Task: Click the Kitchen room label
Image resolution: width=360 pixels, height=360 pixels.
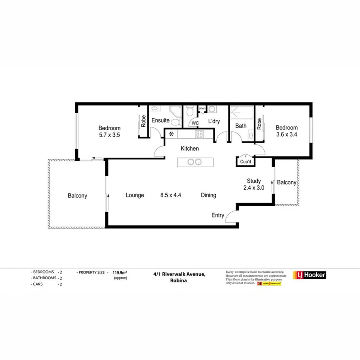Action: point(190,148)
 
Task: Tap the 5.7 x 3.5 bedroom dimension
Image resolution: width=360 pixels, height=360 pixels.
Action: point(109,135)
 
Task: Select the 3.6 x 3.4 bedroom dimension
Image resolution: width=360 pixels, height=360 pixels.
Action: point(286,135)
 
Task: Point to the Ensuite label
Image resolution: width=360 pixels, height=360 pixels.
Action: point(160,121)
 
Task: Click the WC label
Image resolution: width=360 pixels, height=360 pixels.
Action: point(195,123)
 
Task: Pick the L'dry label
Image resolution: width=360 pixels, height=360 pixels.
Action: point(214,121)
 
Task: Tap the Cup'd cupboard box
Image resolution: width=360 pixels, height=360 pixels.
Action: point(245,162)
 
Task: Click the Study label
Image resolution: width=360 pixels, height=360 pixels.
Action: point(254,181)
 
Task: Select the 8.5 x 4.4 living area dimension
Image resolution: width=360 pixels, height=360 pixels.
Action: point(170,195)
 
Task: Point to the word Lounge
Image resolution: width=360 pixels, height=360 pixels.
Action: point(135,195)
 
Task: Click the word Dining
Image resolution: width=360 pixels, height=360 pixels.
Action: point(208,195)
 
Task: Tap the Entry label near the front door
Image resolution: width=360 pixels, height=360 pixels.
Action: point(217,215)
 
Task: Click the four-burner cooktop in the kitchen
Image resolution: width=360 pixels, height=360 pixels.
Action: point(199,134)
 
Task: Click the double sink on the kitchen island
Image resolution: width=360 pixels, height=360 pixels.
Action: point(194,162)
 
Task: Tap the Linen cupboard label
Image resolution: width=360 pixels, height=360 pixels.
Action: point(202,109)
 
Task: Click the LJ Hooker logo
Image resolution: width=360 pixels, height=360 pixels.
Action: point(310,275)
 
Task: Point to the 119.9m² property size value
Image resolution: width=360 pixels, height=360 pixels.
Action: point(119,272)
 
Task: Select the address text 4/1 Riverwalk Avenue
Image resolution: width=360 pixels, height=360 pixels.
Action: point(178,274)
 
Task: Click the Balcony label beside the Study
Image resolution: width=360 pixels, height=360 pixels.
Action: point(287,182)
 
